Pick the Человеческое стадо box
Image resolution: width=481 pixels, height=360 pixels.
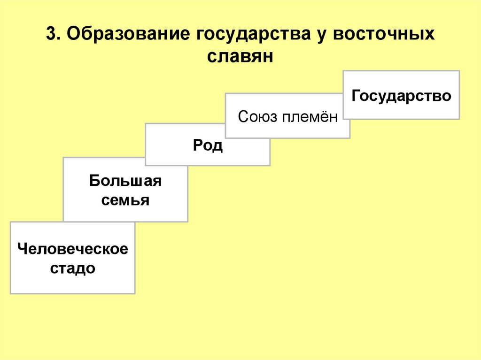72,258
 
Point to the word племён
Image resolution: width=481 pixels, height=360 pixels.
310,116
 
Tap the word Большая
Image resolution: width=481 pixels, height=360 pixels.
125,181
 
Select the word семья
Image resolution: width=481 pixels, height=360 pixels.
125,201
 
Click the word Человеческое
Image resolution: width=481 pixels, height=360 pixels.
73,249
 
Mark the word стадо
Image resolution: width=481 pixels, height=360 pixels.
73,269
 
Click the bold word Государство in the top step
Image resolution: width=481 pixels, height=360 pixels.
401,96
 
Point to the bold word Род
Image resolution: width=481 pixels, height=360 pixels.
208,146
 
